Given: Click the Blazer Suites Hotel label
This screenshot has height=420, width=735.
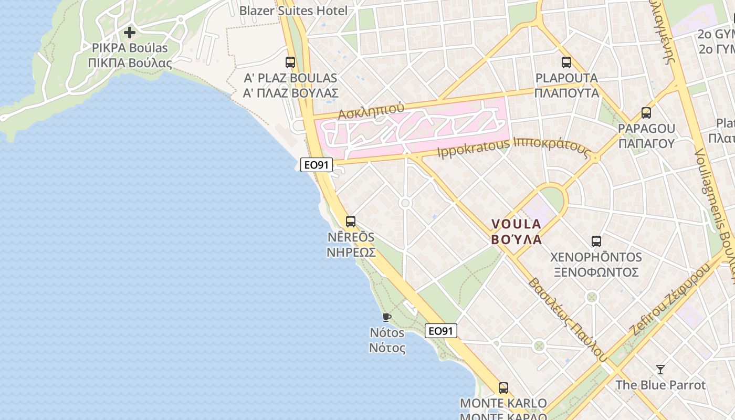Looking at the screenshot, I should pyautogui.click(x=293, y=10).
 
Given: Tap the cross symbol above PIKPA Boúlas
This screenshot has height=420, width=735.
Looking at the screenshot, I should pyautogui.click(x=129, y=33).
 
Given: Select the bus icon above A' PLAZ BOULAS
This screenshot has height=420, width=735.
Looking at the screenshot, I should pyautogui.click(x=290, y=62).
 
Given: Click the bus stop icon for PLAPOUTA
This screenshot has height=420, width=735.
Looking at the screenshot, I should pyautogui.click(x=566, y=62).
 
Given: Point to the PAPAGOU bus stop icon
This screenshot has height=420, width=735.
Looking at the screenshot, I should pyautogui.click(x=646, y=113).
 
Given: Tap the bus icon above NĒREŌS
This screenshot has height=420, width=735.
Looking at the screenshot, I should pyautogui.click(x=351, y=222).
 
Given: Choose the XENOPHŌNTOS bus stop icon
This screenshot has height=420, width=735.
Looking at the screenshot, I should pyautogui.click(x=596, y=241).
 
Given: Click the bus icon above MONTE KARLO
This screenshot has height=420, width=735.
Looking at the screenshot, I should pyautogui.click(x=503, y=388).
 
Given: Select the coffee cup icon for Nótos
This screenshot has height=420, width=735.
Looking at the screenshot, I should pyautogui.click(x=387, y=317).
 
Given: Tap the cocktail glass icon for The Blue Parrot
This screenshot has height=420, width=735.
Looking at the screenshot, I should pyautogui.click(x=660, y=370).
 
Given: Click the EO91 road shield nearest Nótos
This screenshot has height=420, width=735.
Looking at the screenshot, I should pyautogui.click(x=440, y=331).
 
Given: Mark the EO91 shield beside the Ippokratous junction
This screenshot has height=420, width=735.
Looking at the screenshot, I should pyautogui.click(x=317, y=165).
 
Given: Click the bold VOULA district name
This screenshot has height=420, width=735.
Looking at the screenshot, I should pyautogui.click(x=516, y=224).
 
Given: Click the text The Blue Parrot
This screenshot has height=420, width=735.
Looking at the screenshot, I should pyautogui.click(x=660, y=385).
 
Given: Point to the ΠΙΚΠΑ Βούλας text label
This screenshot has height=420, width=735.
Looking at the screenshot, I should pyautogui.click(x=130, y=63).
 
